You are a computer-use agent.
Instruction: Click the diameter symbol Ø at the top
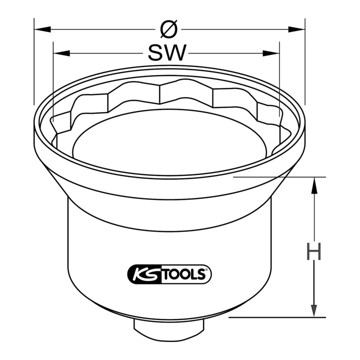pyautogui.click(x=169, y=29)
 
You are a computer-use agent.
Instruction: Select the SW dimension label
pyautogui.click(x=166, y=53)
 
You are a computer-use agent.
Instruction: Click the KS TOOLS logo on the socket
pyautogui.click(x=169, y=274)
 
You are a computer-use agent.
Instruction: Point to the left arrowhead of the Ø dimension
pyautogui.click(x=42, y=29)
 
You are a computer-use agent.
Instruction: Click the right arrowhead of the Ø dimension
pyautogui.click(x=296, y=29)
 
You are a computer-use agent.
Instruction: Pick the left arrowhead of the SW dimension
pyautogui.click(x=61, y=53)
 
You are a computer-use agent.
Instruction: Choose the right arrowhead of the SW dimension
pyautogui.click(x=271, y=53)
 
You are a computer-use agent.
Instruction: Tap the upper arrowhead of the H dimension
pyautogui.click(x=314, y=185)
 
